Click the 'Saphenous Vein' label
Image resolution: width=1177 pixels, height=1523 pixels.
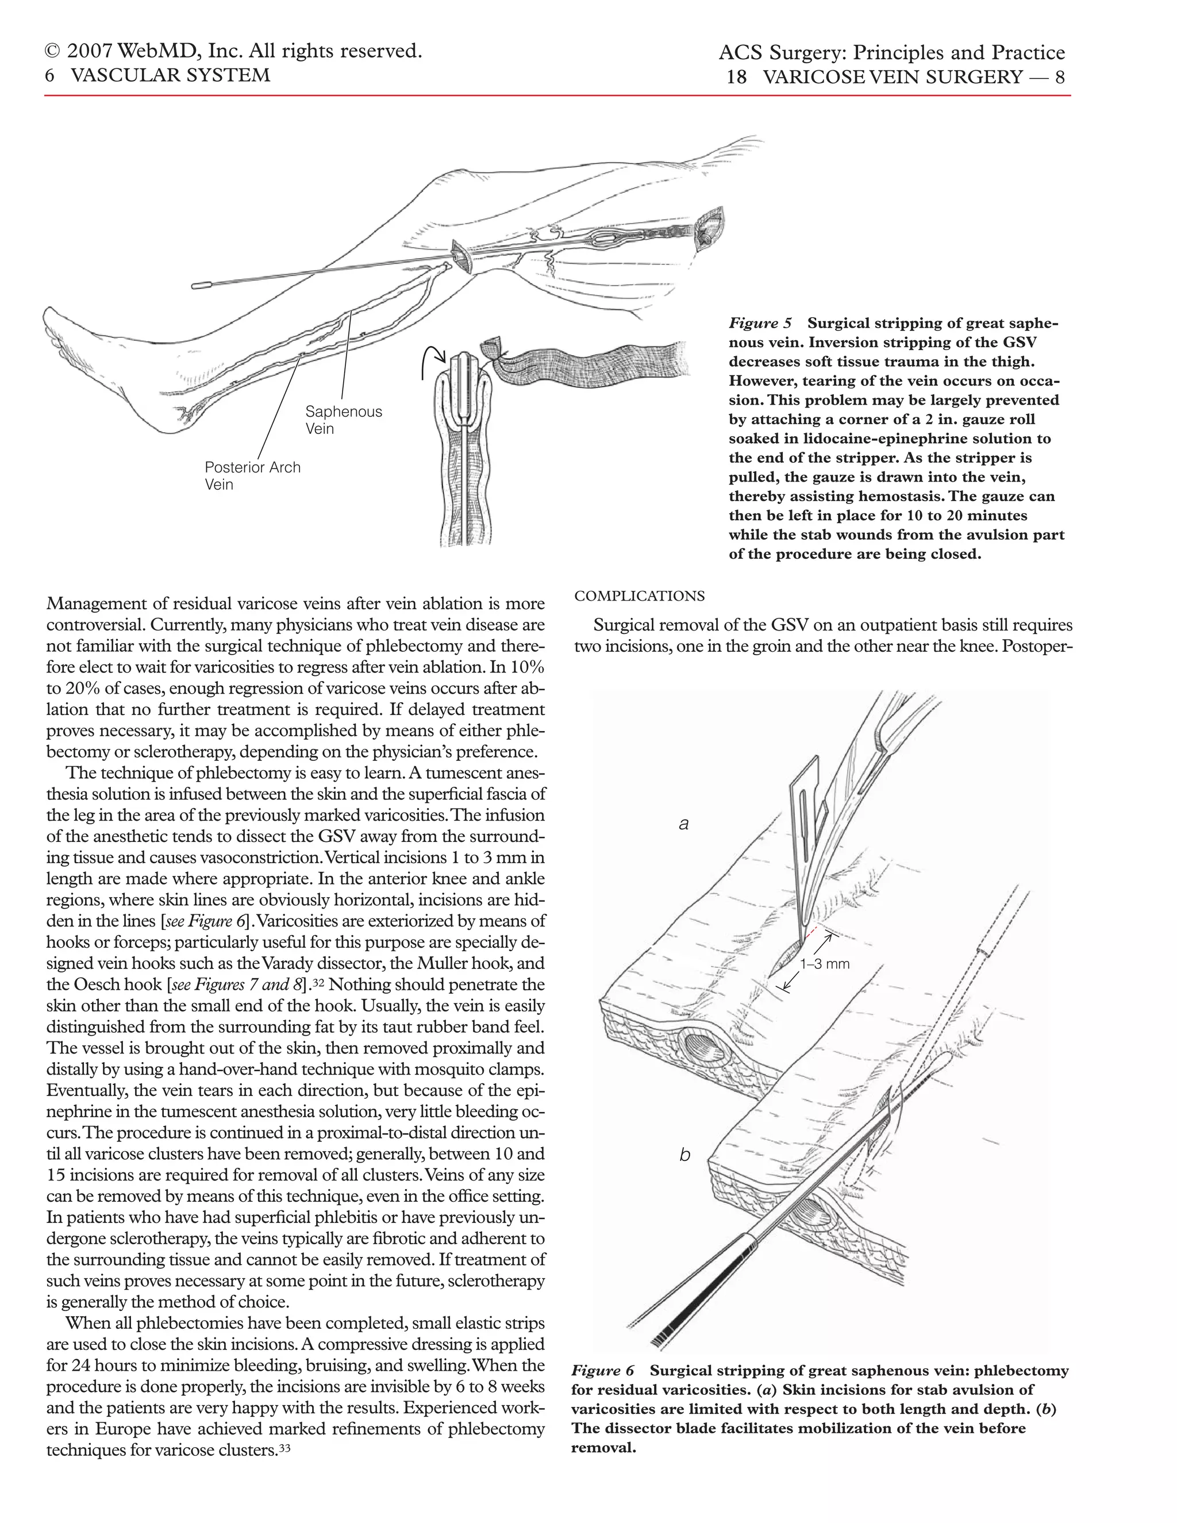click(343, 420)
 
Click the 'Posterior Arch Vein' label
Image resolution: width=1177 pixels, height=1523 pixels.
click(252, 476)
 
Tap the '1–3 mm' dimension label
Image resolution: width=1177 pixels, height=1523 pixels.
click(824, 964)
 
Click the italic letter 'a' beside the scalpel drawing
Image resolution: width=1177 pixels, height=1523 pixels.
click(683, 824)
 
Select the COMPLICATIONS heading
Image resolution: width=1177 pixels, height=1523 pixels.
click(640, 596)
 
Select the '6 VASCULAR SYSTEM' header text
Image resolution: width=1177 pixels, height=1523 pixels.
click(157, 75)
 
